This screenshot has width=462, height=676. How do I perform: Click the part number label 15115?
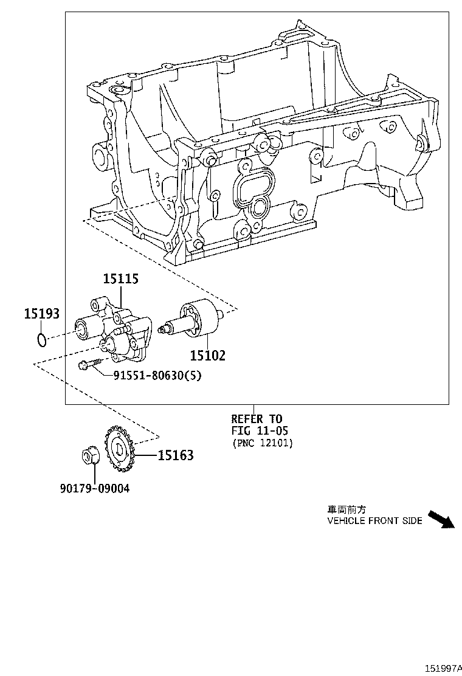click(120, 279)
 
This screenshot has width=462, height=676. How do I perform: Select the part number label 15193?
click(42, 314)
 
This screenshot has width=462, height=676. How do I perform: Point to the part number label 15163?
click(176, 455)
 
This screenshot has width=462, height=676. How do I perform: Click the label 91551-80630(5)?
click(157, 376)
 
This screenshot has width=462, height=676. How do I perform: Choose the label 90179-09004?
click(95, 488)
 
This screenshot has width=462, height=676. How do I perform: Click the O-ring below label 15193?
click(41, 340)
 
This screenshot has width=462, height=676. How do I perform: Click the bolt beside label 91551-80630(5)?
click(89, 366)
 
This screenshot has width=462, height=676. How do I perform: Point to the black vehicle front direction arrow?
click(441, 520)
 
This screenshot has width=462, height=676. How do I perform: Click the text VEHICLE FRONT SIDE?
click(374, 521)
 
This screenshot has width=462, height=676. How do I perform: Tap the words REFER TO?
click(257, 419)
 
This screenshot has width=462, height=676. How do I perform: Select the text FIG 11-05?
click(260, 431)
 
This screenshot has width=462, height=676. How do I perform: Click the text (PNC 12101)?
click(262, 443)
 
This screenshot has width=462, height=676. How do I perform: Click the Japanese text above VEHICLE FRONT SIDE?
click(347, 509)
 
